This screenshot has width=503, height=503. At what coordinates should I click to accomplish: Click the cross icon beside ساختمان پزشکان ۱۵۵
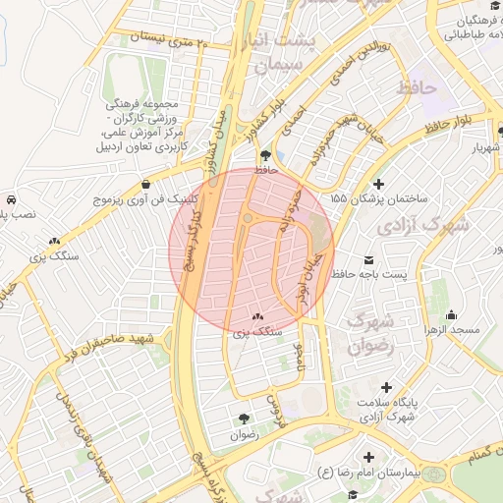[x=379, y=184]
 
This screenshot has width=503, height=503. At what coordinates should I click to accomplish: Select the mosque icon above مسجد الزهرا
[x=451, y=315]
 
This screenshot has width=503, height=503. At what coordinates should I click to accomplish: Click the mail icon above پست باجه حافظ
[x=368, y=261]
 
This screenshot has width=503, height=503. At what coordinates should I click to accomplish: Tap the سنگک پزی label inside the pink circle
[x=257, y=332]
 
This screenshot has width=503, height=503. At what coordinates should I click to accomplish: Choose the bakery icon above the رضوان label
[x=243, y=418]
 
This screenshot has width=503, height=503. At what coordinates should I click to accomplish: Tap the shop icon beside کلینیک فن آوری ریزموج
[x=146, y=184]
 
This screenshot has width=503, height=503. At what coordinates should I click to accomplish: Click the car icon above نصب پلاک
[x=9, y=198]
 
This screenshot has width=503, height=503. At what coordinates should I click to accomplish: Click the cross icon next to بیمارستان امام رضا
[x=368, y=457]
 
